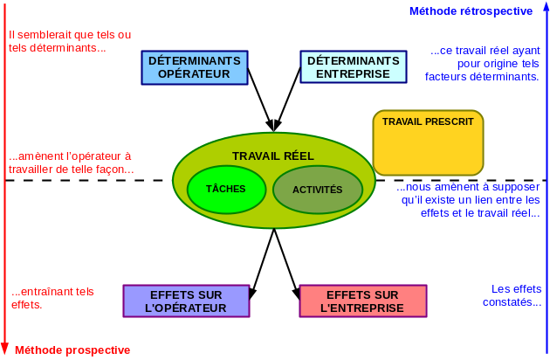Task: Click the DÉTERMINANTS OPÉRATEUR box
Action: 194,67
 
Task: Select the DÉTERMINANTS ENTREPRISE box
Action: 352,67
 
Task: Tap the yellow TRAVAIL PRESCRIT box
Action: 428,142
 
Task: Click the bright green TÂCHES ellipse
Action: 225,189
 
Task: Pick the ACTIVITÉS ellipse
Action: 317,190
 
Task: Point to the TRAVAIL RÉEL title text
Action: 272,156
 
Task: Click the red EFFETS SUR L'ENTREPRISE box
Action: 362,301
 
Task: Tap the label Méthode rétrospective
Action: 471,11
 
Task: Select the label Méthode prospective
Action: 72,350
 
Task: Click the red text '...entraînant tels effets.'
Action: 52,298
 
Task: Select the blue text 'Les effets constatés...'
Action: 516,295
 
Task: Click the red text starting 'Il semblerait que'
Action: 70,41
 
